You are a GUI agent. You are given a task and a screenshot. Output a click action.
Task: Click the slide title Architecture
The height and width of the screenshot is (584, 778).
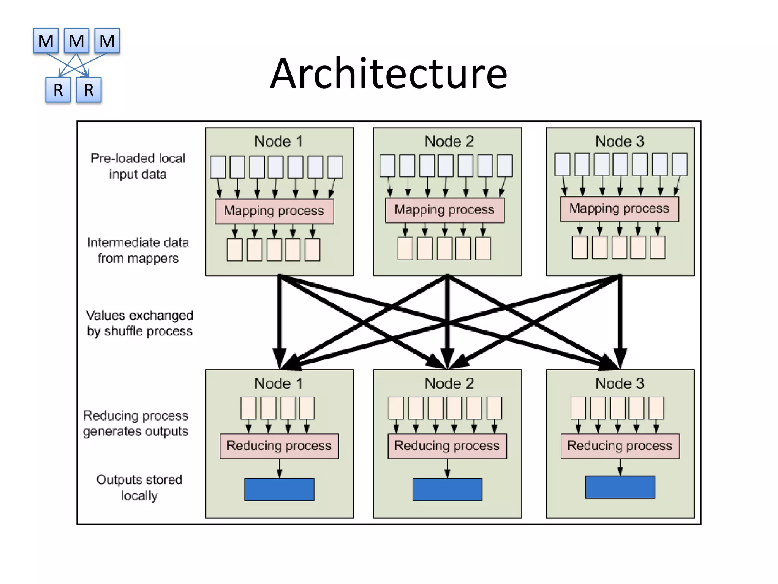(x=389, y=73)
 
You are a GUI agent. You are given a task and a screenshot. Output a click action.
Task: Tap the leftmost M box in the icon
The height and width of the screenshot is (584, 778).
(x=46, y=41)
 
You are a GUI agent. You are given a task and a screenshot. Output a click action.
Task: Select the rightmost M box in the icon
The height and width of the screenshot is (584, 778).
(x=107, y=41)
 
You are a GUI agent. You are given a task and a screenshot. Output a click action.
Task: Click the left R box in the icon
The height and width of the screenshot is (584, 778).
(x=58, y=90)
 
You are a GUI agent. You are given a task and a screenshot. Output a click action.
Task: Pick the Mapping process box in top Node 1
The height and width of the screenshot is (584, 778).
(x=274, y=211)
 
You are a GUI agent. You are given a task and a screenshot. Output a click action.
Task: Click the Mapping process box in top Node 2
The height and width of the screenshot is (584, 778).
(x=444, y=210)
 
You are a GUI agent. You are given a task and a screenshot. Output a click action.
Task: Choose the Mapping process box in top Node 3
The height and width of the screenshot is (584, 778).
(x=619, y=209)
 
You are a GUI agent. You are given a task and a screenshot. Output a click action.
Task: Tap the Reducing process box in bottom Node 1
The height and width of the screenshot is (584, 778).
(x=279, y=446)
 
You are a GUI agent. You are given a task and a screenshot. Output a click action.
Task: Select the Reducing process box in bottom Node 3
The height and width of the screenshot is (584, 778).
(x=620, y=446)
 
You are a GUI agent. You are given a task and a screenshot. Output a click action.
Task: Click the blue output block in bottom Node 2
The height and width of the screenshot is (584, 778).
(x=447, y=490)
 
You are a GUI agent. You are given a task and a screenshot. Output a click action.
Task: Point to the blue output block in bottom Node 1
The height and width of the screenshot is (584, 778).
(x=279, y=490)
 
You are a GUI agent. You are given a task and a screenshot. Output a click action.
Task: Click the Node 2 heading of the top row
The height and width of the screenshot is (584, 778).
(x=449, y=141)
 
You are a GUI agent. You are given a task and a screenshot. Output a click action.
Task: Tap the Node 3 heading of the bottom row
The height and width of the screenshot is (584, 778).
(x=620, y=384)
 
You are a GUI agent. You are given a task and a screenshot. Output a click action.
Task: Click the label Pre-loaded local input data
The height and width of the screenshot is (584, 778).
(x=138, y=166)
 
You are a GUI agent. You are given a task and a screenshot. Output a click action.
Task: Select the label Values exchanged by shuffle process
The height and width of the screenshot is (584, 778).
(x=139, y=323)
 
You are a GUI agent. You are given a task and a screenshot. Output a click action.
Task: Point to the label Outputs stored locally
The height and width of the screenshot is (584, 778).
(x=139, y=487)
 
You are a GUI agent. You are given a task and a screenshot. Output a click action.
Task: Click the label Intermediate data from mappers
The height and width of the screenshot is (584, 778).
(x=138, y=250)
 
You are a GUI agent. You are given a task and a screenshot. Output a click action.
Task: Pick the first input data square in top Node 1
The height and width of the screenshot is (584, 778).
(x=218, y=167)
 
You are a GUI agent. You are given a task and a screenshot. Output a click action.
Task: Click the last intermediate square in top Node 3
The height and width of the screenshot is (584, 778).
(x=657, y=247)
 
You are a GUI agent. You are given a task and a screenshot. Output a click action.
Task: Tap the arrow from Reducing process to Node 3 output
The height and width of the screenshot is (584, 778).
(x=620, y=467)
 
